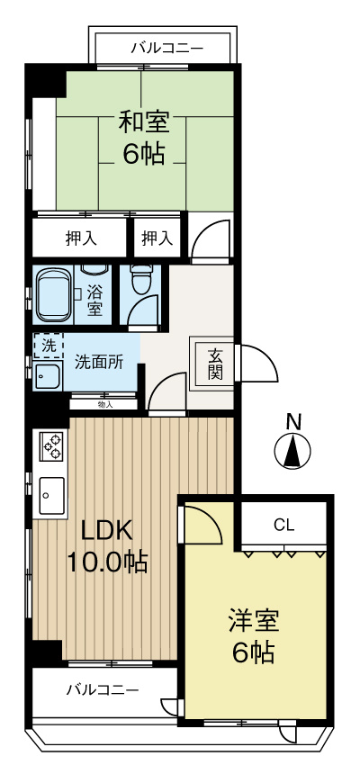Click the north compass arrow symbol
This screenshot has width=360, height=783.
point(292,451)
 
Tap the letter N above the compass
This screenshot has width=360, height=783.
point(292,420)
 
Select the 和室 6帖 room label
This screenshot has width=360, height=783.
point(144,138)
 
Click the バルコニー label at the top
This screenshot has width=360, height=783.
point(167,47)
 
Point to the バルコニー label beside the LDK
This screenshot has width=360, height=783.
point(103,690)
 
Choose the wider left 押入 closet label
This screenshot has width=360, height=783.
point(80,238)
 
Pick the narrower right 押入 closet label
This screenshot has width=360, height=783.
point(157,238)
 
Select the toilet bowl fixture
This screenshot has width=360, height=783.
point(141,281)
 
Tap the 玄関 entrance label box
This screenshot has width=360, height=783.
point(215,363)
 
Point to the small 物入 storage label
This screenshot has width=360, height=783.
point(104,405)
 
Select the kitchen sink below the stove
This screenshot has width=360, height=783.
point(49,492)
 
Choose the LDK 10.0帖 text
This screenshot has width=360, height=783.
point(107,546)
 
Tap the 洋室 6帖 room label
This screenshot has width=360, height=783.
point(253,635)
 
